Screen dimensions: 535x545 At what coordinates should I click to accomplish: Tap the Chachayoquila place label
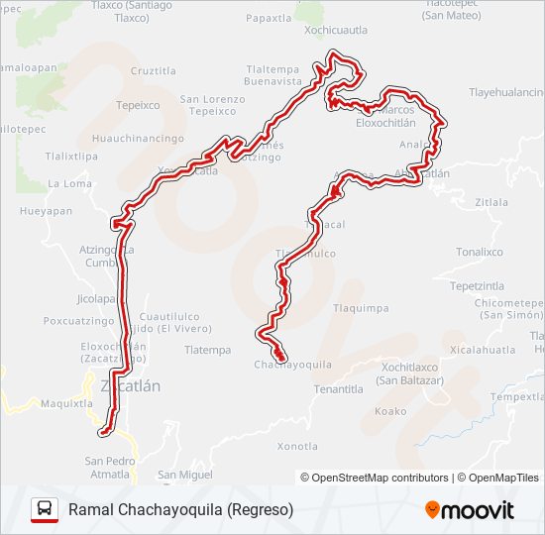(292, 366)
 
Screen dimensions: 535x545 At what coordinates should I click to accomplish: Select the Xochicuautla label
(336, 31)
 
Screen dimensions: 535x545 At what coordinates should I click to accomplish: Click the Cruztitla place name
(153, 71)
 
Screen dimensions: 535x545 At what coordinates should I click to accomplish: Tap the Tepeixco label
(137, 105)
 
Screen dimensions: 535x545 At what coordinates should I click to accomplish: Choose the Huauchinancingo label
(139, 140)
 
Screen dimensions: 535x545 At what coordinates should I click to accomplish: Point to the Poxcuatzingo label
(79, 321)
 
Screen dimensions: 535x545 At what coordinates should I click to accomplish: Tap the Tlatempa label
(207, 350)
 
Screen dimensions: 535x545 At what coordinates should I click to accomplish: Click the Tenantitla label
(339, 389)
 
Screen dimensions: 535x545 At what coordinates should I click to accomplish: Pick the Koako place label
(390, 411)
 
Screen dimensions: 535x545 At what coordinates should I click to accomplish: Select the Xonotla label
(297, 446)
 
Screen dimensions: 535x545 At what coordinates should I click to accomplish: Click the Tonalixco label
(480, 253)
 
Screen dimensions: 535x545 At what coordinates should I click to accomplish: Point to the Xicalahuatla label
(483, 350)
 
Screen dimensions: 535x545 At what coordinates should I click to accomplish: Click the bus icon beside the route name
(44, 509)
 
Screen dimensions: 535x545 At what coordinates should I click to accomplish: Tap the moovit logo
(470, 509)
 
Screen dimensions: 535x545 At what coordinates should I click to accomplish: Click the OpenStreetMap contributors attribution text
(381, 478)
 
